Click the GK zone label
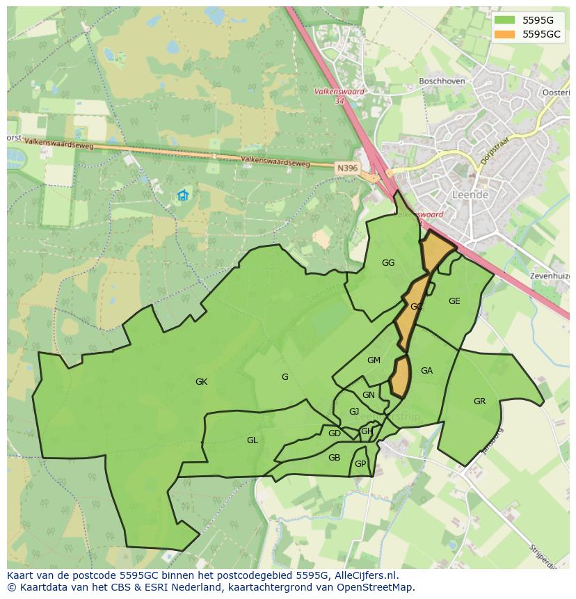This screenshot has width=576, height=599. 201,381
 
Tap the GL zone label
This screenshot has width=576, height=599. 252,440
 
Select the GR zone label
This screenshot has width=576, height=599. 479,401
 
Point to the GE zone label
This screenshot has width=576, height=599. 454,301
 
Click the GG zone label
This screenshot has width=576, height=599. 388,262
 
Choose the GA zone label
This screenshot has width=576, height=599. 426,371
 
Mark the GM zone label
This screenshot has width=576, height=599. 374,360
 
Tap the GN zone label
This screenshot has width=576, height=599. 369,395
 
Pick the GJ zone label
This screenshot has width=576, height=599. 354,411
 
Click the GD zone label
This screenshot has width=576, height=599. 335,433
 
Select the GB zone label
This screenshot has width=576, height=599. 334,457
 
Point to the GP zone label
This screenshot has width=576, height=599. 360,464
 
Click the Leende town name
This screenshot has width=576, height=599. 470,195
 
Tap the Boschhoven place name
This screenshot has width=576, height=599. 442,81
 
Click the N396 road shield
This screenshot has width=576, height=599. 346,168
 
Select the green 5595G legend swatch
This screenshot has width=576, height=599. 505,20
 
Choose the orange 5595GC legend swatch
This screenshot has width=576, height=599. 505,34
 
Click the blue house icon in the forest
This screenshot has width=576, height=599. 183,195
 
